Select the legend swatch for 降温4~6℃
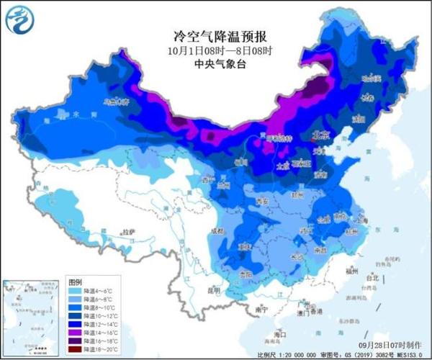(x=74, y=289)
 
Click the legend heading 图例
(x=75, y=279)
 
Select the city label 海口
(x=279, y=335)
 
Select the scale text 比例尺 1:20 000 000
(x=284, y=355)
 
